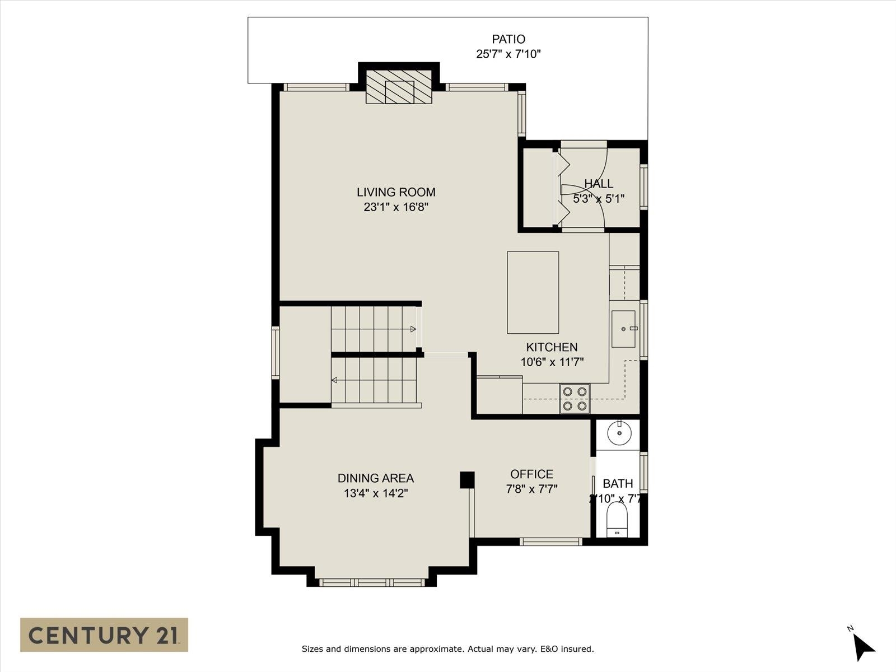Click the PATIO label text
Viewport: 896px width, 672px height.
tap(508, 39)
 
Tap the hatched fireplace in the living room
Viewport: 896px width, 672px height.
tap(399, 87)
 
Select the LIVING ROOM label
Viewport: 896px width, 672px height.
tap(396, 192)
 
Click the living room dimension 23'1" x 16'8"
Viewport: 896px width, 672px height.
tap(396, 207)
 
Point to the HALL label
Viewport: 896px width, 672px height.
tap(599, 184)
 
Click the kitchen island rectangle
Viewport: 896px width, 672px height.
tap(533, 292)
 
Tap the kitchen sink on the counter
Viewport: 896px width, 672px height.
tap(623, 329)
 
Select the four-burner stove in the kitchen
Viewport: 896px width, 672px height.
tap(575, 399)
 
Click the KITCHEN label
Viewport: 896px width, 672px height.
tap(552, 347)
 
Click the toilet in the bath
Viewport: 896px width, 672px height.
tap(617, 520)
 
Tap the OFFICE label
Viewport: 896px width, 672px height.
tap(531, 474)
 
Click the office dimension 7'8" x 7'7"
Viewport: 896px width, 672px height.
tap(531, 489)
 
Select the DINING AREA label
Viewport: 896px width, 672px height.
tap(375, 478)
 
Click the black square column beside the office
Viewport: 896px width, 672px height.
tap(467, 479)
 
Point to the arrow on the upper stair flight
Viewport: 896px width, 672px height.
tap(413, 329)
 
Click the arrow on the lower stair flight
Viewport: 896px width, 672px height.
tap(335, 380)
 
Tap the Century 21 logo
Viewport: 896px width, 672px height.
tap(104, 634)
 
